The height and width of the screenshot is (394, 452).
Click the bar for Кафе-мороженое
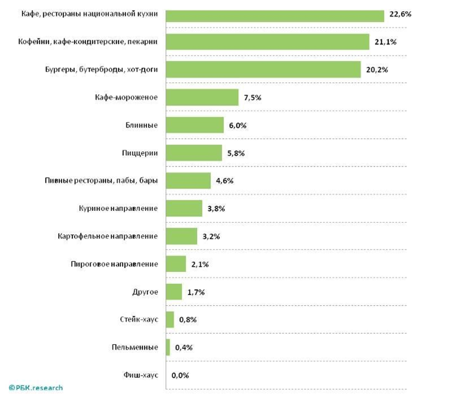[x=202, y=98]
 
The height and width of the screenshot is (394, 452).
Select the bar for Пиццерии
[x=194, y=153]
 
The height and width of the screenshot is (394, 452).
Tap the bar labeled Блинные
[x=195, y=125]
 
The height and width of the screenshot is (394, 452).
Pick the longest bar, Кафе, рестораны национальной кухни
[x=275, y=15]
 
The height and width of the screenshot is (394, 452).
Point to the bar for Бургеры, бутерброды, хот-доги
[x=263, y=70]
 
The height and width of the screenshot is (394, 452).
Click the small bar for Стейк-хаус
[x=170, y=319]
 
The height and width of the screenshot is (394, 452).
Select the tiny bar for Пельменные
[x=168, y=347]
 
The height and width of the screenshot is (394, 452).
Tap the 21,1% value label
[x=385, y=42]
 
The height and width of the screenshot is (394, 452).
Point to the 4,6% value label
[x=225, y=181]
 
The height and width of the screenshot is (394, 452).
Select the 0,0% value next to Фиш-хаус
[x=181, y=375]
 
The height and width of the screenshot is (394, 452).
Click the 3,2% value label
[x=211, y=236]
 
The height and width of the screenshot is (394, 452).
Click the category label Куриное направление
[x=118, y=209]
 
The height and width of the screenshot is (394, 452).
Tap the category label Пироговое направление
[x=114, y=264]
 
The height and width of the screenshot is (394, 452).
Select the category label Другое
[x=145, y=292]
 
